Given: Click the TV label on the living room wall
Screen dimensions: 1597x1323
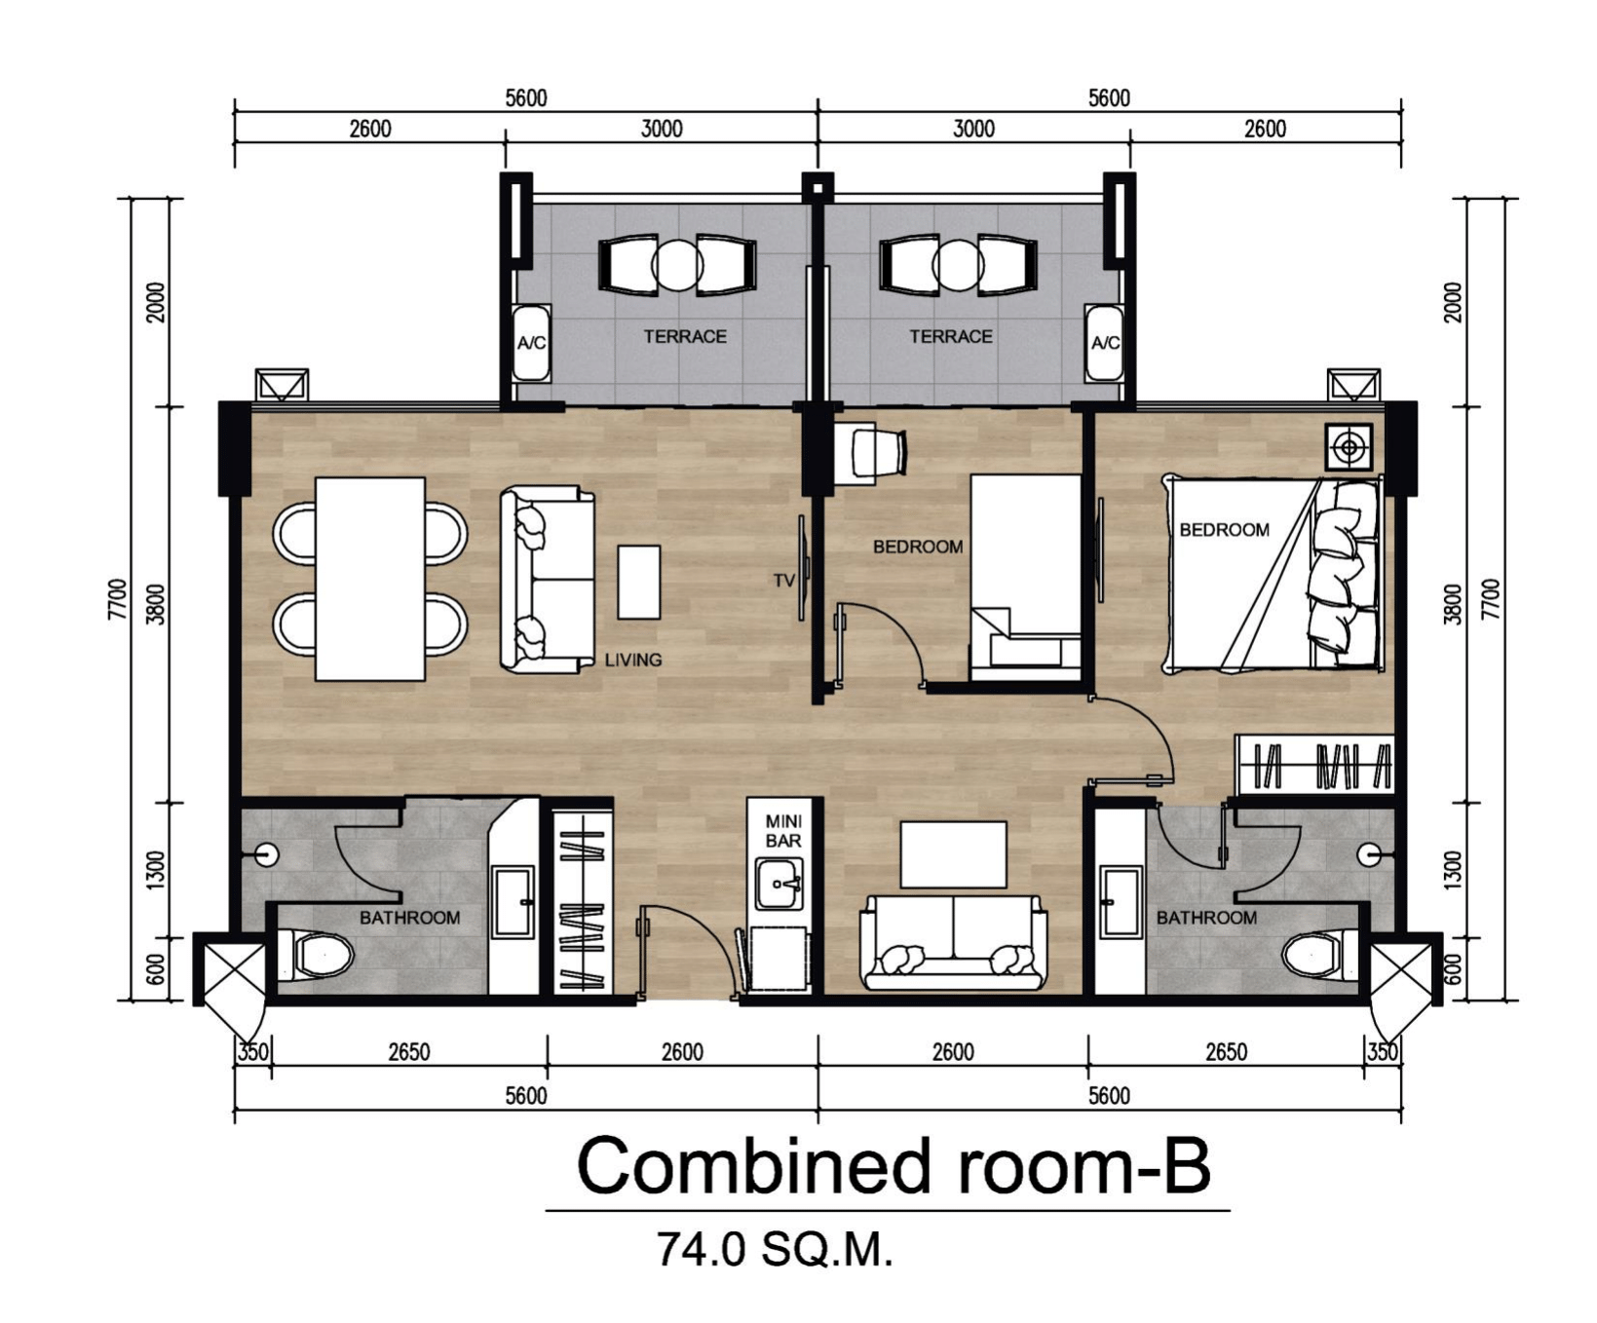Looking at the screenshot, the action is pos(784,581).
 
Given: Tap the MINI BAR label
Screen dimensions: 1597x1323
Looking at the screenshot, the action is pos(783,831).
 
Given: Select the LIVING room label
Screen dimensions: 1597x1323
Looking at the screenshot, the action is pos(633,660).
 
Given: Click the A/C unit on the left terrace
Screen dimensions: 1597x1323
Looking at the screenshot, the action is pos(531,343).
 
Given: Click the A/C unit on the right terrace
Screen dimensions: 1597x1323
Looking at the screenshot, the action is pos(1105,343).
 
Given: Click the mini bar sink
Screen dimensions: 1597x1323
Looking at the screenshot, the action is pos(779,884).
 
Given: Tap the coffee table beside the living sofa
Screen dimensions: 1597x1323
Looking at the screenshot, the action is pos(639,582).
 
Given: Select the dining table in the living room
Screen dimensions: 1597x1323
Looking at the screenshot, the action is pos(370,579).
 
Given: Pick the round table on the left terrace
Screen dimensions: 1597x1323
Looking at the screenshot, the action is pos(677,265).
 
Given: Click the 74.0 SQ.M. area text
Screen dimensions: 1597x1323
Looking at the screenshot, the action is pos(775,1250).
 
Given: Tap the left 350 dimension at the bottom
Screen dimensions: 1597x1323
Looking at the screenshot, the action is pos(253,1052).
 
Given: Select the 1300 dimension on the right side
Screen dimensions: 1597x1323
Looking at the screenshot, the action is pos(1453,869).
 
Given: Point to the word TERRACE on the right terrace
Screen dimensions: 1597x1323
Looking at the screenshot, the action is pos(951,336).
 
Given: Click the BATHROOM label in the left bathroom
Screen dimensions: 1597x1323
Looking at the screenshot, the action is pos(409,918).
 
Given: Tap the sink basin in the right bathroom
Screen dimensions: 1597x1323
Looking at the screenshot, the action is pos(1121,901).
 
